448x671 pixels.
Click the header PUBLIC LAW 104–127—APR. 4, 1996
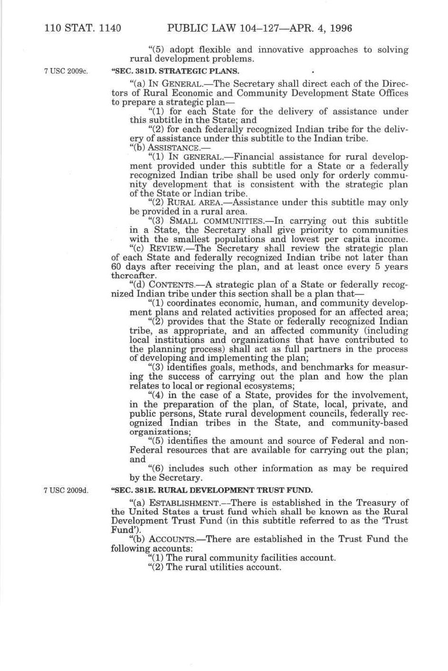(260, 29)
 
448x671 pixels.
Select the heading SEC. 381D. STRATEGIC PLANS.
(175, 72)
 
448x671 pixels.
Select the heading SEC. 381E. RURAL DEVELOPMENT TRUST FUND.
(212, 490)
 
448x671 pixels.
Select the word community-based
(370, 423)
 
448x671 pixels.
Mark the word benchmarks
(333, 368)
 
